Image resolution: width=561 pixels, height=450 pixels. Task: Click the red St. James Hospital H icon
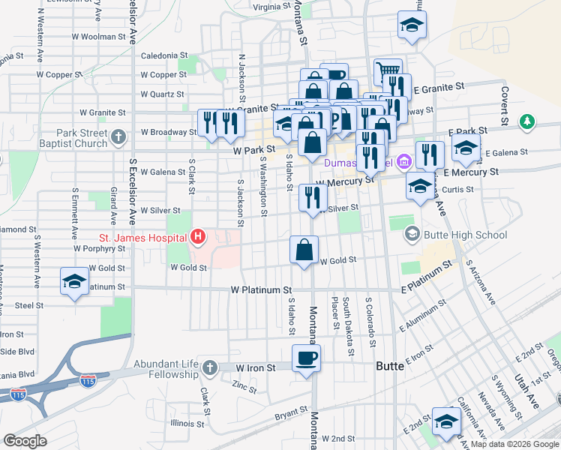coord(198,238)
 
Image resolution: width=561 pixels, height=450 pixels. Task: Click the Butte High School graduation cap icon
coord(412,235)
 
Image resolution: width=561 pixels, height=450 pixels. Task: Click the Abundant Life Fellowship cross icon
coord(210,367)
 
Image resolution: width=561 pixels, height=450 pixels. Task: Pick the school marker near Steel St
coord(74,281)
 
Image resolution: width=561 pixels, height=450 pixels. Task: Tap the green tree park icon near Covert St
coord(528,120)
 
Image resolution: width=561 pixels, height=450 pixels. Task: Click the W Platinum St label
coord(261,289)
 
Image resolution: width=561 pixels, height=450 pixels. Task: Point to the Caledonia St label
coord(164,55)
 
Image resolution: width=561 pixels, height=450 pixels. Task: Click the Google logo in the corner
coord(25,441)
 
